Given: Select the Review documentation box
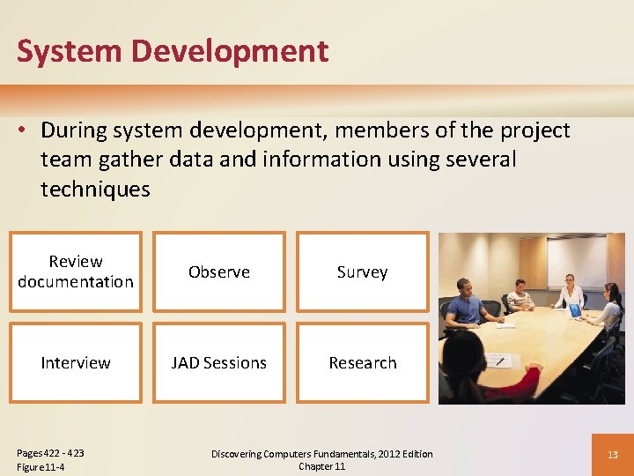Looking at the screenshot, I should tap(76, 271).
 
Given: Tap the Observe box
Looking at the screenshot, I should tap(219, 271).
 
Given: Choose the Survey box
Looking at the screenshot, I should tap(362, 271).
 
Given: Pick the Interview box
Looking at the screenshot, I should tap(76, 362).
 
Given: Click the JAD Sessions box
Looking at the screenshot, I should tap(219, 362).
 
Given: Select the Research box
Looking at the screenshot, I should tap(362, 362).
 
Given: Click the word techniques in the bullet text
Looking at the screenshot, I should tap(95, 189).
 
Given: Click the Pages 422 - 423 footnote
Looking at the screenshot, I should tap(50, 453).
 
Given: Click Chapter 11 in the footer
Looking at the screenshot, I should tap(321, 466).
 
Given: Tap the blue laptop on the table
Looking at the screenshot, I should tap(575, 310).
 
